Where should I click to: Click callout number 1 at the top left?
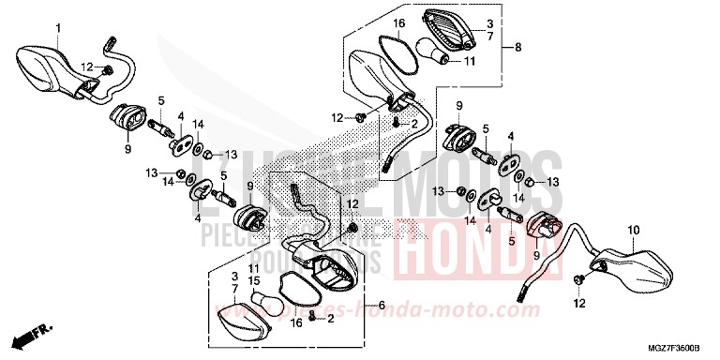tap(57, 28)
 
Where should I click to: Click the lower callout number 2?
tap(331, 320)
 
